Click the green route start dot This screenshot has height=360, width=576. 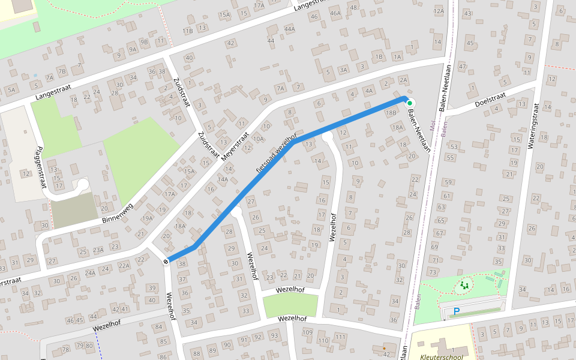[x=410, y=103]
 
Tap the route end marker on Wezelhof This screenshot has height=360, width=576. [x=165, y=261]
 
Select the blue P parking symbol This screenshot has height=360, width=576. [x=456, y=311]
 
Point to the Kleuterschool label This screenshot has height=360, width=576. [x=442, y=356]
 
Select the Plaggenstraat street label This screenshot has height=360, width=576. [x=40, y=168]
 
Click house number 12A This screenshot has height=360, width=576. [x=439, y=10]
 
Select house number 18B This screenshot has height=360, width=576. [x=391, y=112]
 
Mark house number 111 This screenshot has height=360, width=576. [x=340, y=336]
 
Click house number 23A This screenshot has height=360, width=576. [x=98, y=250]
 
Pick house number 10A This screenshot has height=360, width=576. [x=258, y=139]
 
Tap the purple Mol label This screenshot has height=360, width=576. [x=432, y=125]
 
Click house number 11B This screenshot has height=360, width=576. [x=188, y=30]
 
